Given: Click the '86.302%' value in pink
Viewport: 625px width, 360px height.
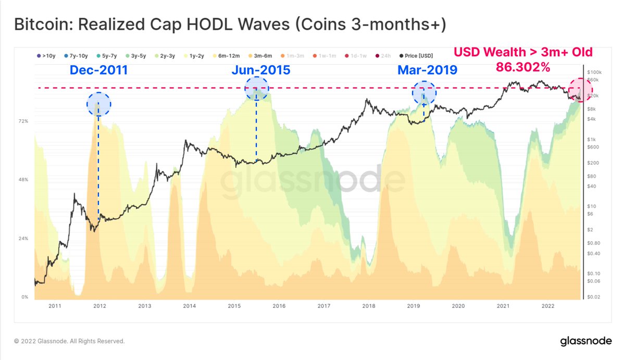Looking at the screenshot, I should tap(523, 68).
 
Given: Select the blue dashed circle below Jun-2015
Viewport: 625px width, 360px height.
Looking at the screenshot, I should tap(256, 88).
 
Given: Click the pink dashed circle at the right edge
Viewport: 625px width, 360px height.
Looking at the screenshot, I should tap(580, 90).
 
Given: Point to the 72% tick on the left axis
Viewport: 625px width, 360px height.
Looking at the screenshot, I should tap(23, 121).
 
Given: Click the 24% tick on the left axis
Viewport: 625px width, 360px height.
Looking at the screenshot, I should tap(23, 239).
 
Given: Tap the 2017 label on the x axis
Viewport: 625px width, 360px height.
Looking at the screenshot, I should tap(324, 306).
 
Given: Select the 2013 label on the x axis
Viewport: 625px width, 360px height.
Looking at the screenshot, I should tap(145, 306).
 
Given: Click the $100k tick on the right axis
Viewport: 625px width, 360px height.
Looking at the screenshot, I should tap(594, 72).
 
